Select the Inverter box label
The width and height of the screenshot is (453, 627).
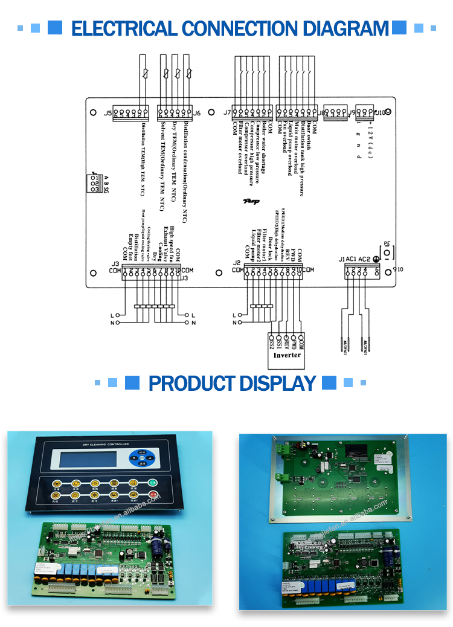tap(287, 355)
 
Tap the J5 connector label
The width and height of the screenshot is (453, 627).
tap(108, 113)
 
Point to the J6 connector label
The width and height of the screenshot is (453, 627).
tap(197, 113)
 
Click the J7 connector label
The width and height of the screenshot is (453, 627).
tap(226, 112)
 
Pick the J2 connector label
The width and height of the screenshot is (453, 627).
tap(237, 262)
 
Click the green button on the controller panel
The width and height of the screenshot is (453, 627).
tap(153, 483)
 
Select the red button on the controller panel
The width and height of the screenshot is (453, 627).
tap(153, 496)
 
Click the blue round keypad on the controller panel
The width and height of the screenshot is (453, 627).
tap(143, 459)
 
